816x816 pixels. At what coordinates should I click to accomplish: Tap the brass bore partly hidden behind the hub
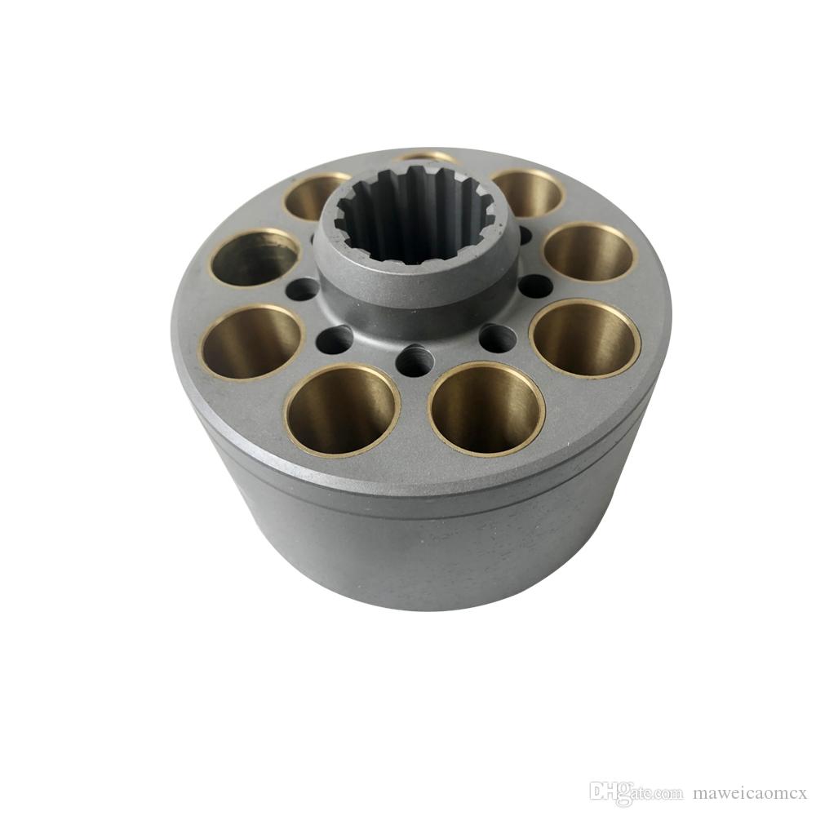pyautogui.click(x=424, y=156)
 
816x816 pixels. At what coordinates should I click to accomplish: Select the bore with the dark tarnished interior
pyautogui.click(x=254, y=258)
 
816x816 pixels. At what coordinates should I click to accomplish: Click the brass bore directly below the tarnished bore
pyautogui.click(x=251, y=342)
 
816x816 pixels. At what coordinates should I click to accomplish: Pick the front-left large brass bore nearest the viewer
pyautogui.click(x=342, y=408)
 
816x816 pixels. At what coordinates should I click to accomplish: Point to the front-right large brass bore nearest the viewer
pyautogui.click(x=487, y=407)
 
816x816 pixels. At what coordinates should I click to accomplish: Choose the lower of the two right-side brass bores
pyautogui.click(x=584, y=338)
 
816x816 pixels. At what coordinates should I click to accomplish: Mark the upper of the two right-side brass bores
pyautogui.click(x=589, y=252)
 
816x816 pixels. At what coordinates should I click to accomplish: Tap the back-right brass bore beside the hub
pyautogui.click(x=527, y=193)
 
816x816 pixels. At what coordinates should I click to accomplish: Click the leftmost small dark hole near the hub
pyautogui.click(x=304, y=288)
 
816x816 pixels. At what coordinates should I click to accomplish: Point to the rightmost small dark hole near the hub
pyautogui.click(x=535, y=286)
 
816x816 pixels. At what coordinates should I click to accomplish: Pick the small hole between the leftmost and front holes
pyautogui.click(x=335, y=339)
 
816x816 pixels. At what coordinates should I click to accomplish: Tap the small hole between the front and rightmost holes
pyautogui.click(x=497, y=337)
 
